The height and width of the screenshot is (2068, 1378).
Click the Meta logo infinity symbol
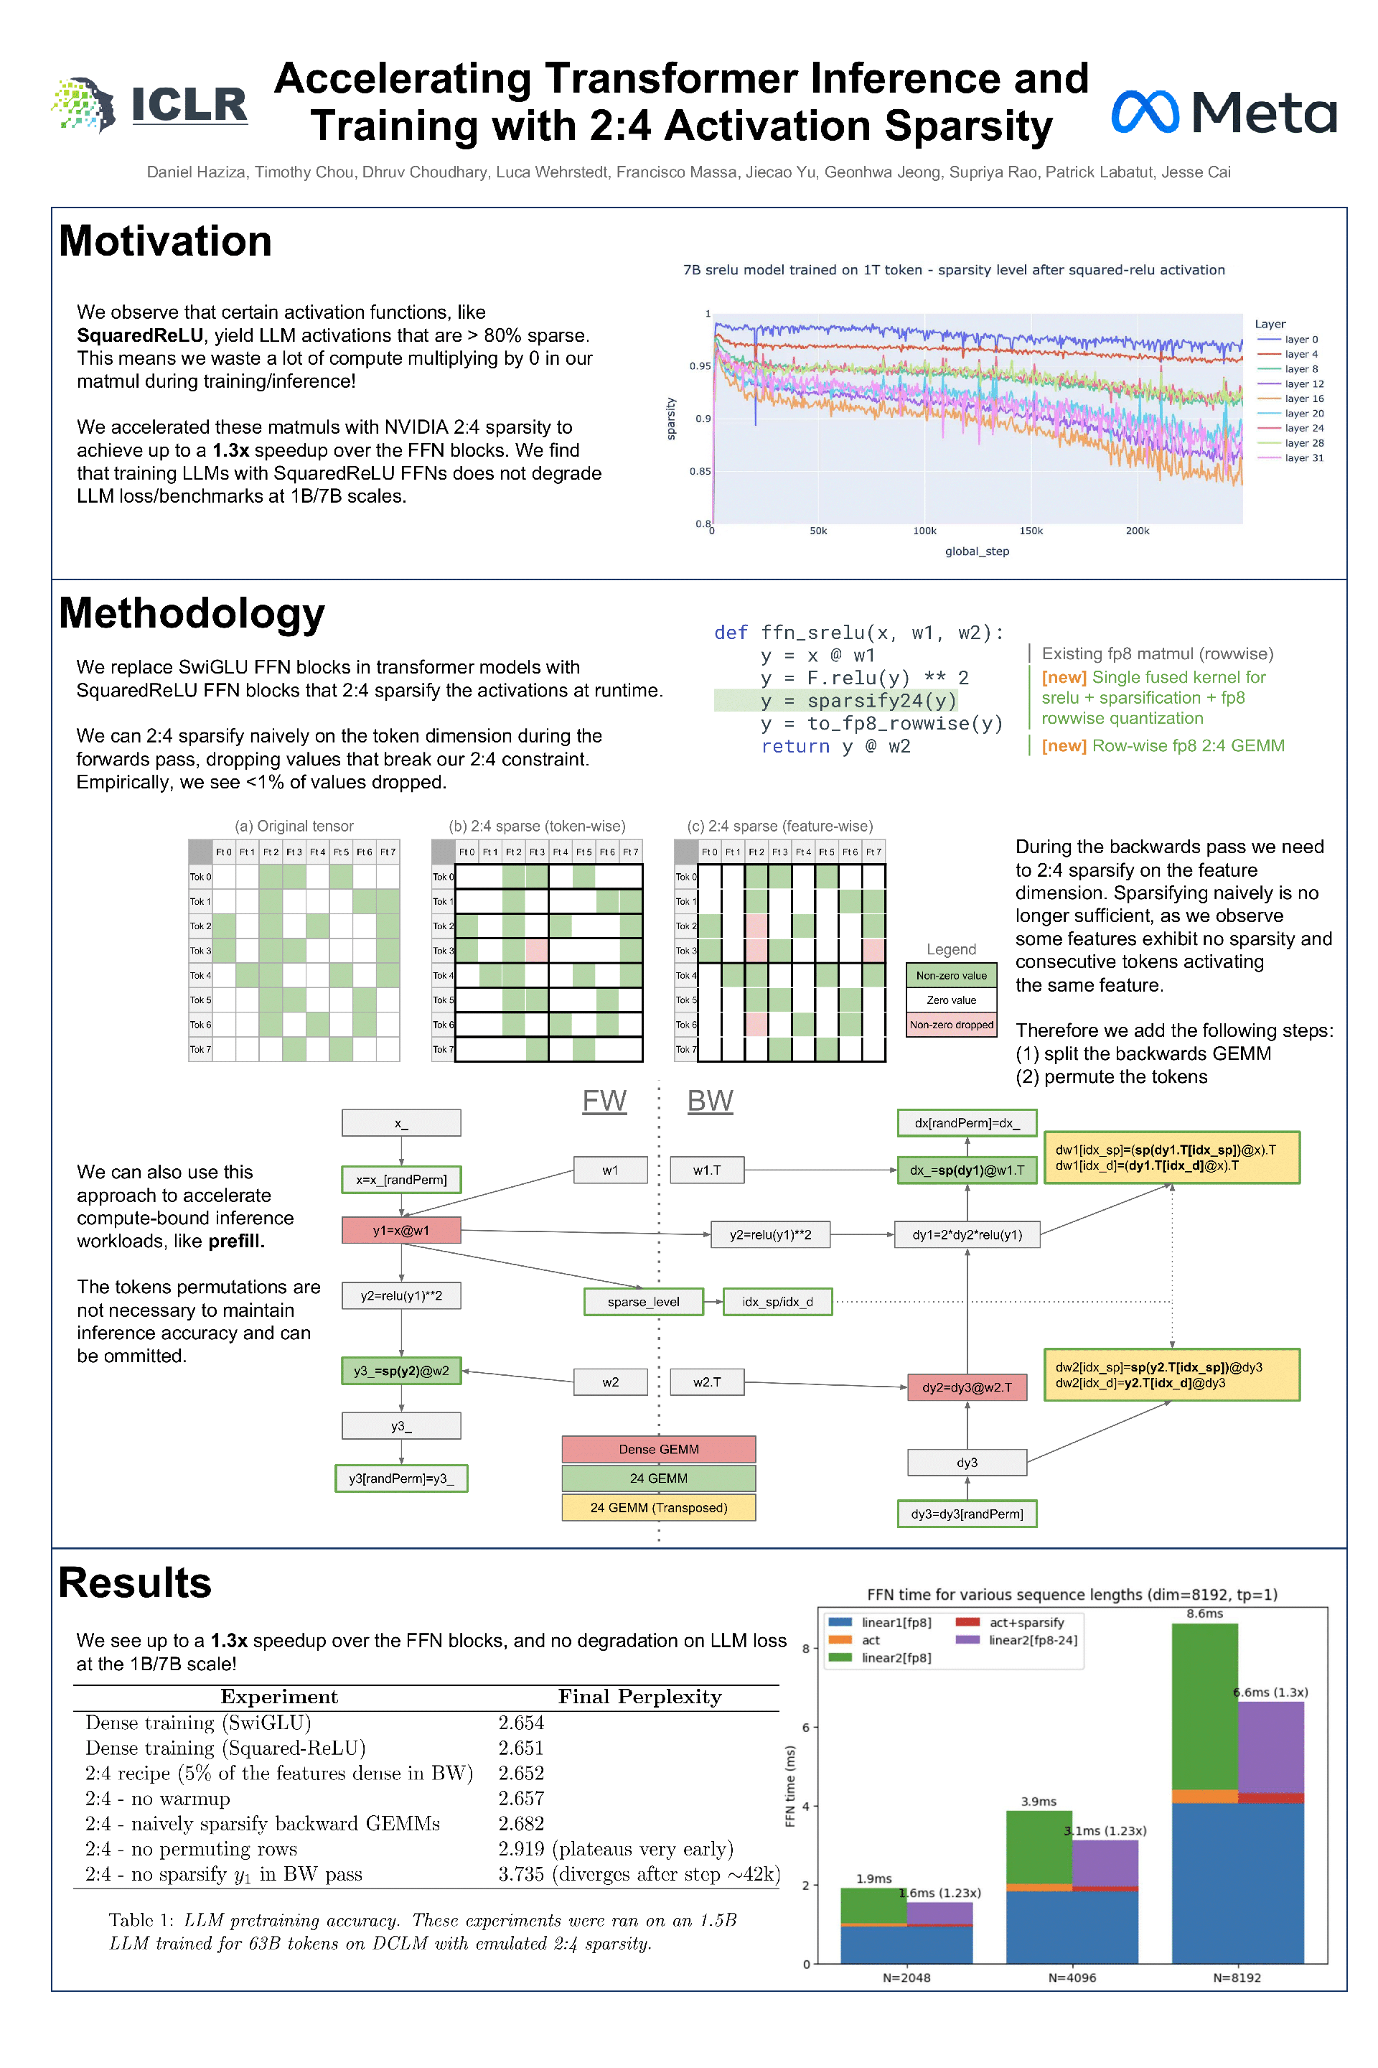pyautogui.click(x=1144, y=112)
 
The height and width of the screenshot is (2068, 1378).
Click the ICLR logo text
pyautogui.click(x=189, y=105)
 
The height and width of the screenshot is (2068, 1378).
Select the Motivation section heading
pyautogui.click(x=165, y=241)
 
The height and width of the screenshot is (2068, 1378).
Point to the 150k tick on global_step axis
pyautogui.click(x=1031, y=531)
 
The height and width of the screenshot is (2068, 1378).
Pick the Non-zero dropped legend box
pyautogui.click(x=951, y=1025)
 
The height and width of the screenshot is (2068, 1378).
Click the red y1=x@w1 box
pyautogui.click(x=400, y=1230)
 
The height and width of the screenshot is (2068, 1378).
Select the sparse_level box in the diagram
pyautogui.click(x=643, y=1301)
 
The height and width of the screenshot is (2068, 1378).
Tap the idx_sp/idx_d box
pyautogui.click(x=777, y=1301)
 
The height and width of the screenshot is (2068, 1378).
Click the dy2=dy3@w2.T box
pyautogui.click(x=967, y=1387)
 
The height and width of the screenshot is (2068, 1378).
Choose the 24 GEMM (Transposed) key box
pyautogui.click(x=658, y=1507)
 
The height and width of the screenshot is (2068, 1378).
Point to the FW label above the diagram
pyautogui.click(x=604, y=1101)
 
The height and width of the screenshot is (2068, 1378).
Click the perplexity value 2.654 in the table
pyautogui.click(x=521, y=1723)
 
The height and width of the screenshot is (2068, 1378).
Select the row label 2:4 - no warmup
pyautogui.click(x=157, y=1798)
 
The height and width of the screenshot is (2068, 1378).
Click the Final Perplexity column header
pyautogui.click(x=639, y=1696)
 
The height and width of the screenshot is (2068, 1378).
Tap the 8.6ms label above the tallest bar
pyautogui.click(x=1204, y=1613)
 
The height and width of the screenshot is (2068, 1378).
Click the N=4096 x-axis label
pyautogui.click(x=1072, y=1978)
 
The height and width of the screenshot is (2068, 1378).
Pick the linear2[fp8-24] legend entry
pyautogui.click(x=1032, y=1640)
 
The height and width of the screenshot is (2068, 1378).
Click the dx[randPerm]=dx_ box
pyautogui.click(x=967, y=1123)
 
